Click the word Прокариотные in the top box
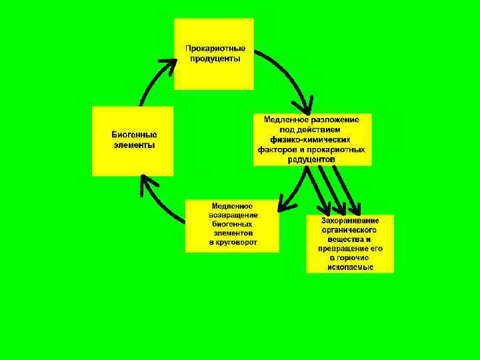(x=215, y=49)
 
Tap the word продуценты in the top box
(x=215, y=59)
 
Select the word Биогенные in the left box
(x=134, y=135)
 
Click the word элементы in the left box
(x=134, y=145)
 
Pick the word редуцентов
(x=311, y=159)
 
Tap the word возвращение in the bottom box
(x=233, y=215)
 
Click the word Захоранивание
(x=350, y=221)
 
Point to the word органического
(x=350, y=229)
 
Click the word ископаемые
(x=351, y=267)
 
